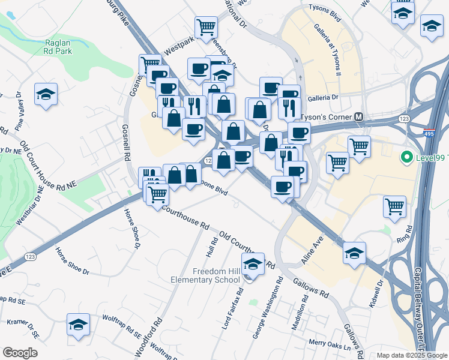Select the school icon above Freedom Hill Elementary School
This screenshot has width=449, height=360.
pos(253,264)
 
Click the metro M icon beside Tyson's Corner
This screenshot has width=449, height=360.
pos(359,116)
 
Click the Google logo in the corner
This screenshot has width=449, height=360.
pos(20,353)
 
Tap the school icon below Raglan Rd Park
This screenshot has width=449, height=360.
pos(46,94)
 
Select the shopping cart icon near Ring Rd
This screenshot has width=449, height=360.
pos(395,206)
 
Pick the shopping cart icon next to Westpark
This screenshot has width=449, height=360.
pos(206,26)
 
